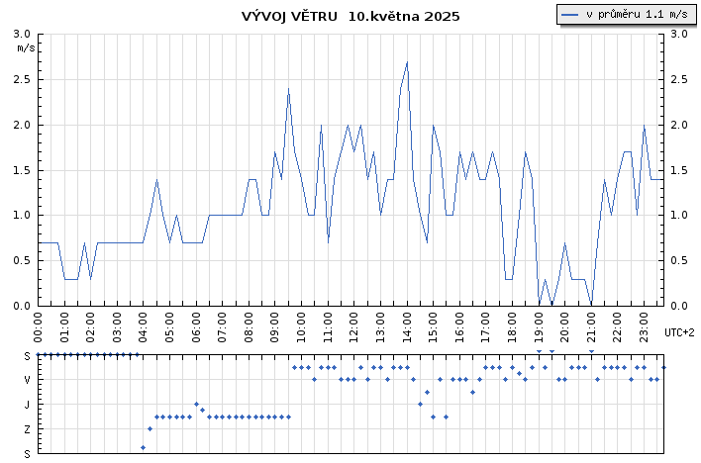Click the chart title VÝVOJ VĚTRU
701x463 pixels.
(x=291, y=17)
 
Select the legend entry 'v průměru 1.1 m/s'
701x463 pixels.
(x=626, y=14)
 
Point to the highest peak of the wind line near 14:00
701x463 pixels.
(x=407, y=62)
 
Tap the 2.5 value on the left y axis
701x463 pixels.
(x=22, y=79)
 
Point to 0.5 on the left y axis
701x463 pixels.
(x=22, y=261)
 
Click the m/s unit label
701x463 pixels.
(x=26, y=47)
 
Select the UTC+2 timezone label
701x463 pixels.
(x=679, y=332)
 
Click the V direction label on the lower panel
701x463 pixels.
(x=28, y=380)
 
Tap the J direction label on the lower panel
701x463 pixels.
(x=28, y=405)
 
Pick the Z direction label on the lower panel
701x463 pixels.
(x=28, y=429)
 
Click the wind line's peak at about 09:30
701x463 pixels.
(x=288, y=89)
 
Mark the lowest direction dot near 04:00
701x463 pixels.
(x=143, y=447)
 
